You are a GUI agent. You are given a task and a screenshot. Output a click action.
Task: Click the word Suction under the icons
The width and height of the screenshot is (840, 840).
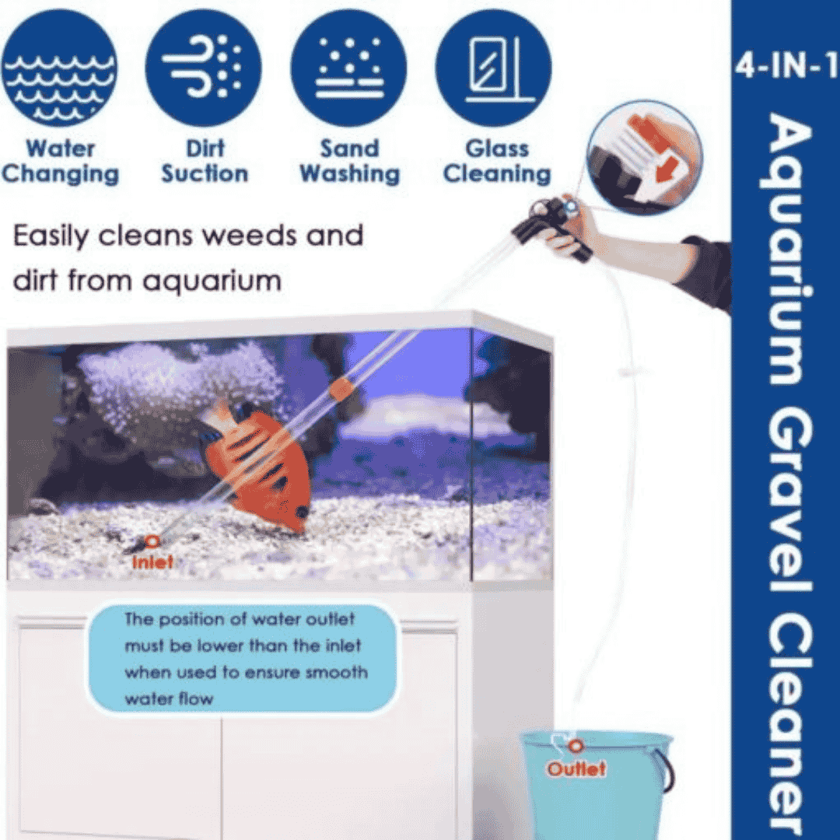tap(205, 174)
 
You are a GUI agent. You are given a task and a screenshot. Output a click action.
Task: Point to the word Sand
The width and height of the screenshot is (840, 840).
tap(349, 149)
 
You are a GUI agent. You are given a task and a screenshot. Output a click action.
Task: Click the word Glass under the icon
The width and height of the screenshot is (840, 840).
tap(497, 149)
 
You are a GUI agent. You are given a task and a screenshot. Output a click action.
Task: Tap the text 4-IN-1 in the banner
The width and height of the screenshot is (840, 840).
tap(786, 67)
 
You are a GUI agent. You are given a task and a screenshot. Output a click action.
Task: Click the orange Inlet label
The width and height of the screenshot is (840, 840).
tap(152, 562)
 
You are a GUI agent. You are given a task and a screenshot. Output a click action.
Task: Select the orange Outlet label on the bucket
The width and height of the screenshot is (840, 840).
tap(576, 769)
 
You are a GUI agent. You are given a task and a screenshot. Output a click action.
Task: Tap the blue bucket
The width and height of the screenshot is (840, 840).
tap(595, 786)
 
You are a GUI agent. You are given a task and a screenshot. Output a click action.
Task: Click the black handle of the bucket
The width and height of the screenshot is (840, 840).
tap(666, 770)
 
